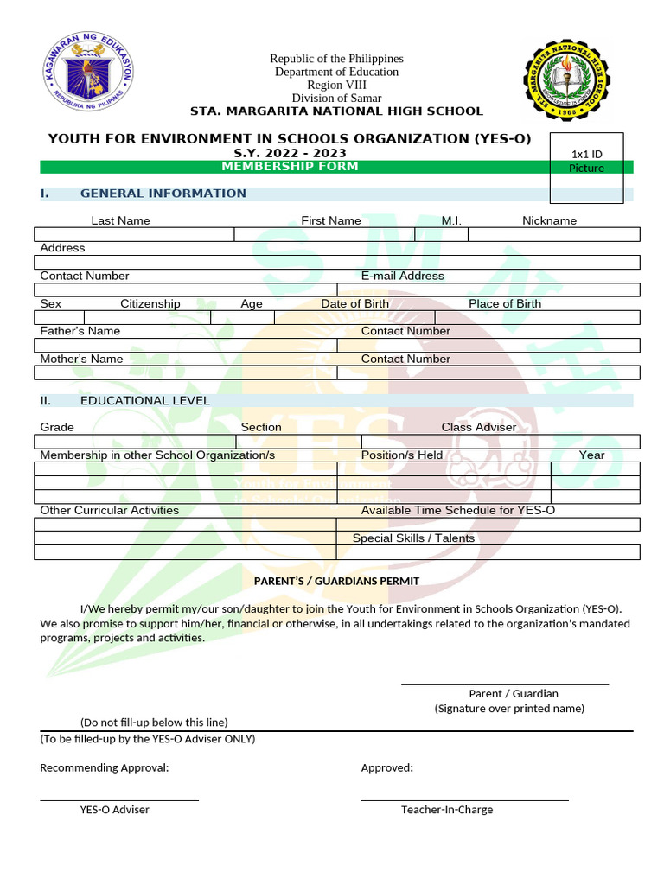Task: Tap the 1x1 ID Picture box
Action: [587, 168]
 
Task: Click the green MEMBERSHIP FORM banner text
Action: [290, 167]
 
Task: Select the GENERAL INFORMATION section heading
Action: [163, 194]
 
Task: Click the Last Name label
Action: [120, 220]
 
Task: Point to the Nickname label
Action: [549, 220]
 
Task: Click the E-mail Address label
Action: [402, 276]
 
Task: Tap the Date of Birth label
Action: [354, 303]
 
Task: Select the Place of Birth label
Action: [505, 303]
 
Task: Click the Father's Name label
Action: [80, 331]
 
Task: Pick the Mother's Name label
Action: [81, 359]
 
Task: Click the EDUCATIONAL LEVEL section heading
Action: [145, 401]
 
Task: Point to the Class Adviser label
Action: [478, 427]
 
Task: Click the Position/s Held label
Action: [401, 455]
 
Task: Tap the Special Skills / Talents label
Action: [413, 538]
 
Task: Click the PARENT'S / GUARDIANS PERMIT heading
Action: [336, 581]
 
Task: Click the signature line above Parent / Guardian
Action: [504, 684]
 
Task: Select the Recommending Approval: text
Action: [105, 767]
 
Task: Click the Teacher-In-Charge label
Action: [447, 810]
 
